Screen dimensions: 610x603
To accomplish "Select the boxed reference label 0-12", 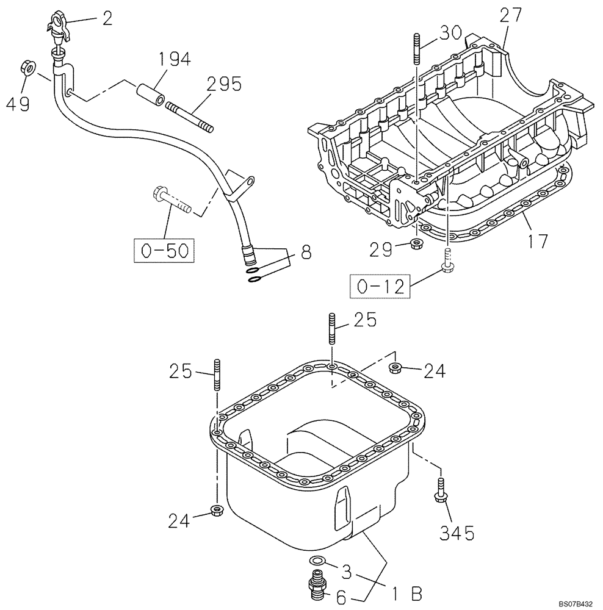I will coord(378,287).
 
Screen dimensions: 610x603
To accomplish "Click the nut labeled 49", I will coord(27,67).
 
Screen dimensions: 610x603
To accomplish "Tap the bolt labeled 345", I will coord(440,491).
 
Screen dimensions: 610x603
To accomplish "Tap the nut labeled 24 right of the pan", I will coord(395,367).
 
